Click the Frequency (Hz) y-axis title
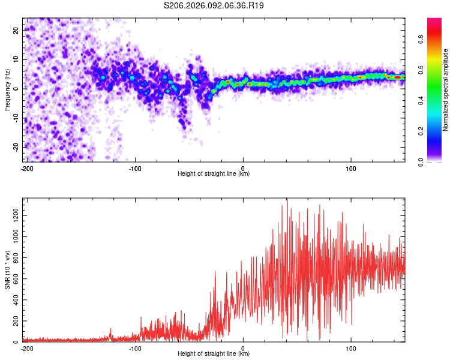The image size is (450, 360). click(x=7, y=89)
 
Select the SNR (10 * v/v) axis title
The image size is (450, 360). click(x=7, y=270)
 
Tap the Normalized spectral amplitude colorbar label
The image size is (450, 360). click(x=446, y=89)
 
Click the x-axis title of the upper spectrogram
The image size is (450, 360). click(x=214, y=174)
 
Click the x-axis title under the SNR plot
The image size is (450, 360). click(x=214, y=354)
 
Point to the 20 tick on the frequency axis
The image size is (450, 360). click(x=16, y=30)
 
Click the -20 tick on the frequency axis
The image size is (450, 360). click(x=15, y=147)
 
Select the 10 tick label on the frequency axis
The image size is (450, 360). click(x=16, y=59)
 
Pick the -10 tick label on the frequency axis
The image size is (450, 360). click(x=15, y=118)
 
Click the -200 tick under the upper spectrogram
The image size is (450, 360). click(x=26, y=168)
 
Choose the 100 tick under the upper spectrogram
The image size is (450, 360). click(x=351, y=168)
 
